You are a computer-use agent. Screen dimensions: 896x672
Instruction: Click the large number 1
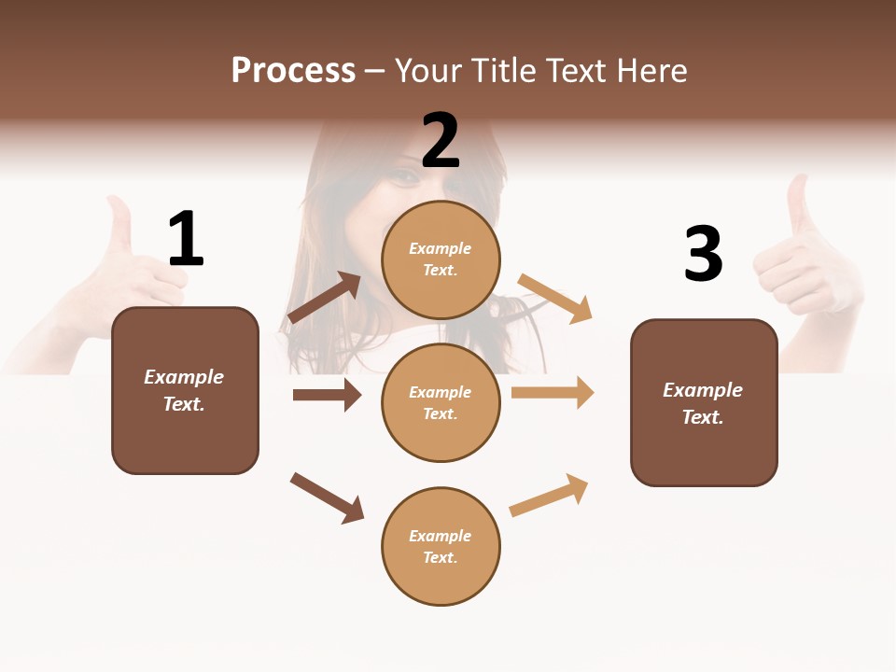pyautogui.click(x=186, y=239)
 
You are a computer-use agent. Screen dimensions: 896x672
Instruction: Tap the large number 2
pyautogui.click(x=441, y=141)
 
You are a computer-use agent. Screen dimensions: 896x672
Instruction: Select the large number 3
pyautogui.click(x=703, y=254)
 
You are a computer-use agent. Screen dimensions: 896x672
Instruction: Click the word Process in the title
pyautogui.click(x=293, y=70)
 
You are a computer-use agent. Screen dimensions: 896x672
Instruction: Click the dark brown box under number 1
pyautogui.click(x=185, y=390)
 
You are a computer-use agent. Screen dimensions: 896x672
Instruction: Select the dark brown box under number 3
pyautogui.click(x=704, y=402)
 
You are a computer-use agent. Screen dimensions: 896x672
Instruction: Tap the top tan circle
pyautogui.click(x=441, y=259)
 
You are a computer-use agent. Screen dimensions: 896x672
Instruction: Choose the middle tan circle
pyautogui.click(x=441, y=402)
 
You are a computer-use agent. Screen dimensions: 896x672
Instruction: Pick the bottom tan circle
pyautogui.click(x=441, y=546)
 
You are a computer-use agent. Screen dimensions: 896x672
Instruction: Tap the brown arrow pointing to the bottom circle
pyautogui.click(x=328, y=497)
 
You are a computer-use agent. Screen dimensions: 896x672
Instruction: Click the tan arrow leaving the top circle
pyautogui.click(x=555, y=298)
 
